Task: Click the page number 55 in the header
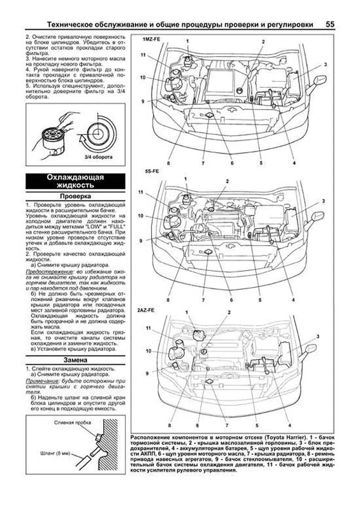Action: point(330,24)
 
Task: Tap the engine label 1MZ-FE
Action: point(149,39)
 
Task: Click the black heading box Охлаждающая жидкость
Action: point(75,181)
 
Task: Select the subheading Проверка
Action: point(75,196)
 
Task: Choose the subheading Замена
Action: point(75,360)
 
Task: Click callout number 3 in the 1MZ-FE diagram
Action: point(325,65)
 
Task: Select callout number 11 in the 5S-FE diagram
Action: point(141,192)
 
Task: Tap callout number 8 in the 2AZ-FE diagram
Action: point(170,425)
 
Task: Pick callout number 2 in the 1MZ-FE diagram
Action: point(263,42)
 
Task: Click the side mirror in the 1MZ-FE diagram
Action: point(319,80)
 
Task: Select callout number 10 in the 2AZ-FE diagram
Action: point(148,351)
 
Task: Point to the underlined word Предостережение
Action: point(49,272)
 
